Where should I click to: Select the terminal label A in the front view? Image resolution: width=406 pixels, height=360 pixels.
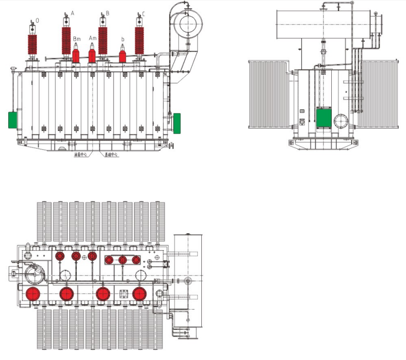point(72,13)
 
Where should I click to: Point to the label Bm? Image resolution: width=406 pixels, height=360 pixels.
point(77,38)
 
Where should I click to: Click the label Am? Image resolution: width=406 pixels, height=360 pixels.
point(93,38)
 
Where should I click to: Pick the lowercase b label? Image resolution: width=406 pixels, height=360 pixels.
point(123,39)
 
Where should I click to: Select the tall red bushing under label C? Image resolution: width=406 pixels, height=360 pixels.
point(140,41)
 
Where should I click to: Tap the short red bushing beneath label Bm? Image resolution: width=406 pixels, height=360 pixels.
point(76,55)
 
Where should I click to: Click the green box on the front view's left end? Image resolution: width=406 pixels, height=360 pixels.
point(12,119)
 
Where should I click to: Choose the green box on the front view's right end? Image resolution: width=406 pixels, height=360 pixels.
point(177,122)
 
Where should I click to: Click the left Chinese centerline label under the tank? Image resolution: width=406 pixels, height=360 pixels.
point(81,155)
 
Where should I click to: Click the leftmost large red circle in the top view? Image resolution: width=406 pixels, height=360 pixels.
point(33,294)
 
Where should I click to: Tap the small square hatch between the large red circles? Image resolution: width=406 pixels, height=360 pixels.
point(123,294)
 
